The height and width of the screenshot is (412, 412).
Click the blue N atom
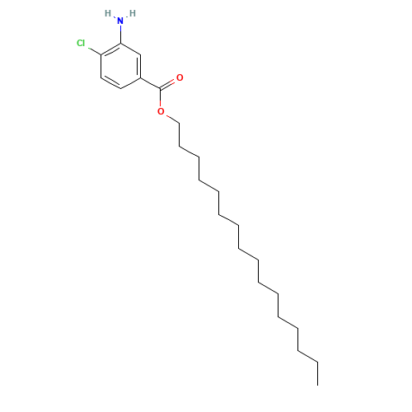click(120, 20)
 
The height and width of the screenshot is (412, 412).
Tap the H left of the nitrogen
click(108, 13)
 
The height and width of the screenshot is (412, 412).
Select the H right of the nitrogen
click(133, 13)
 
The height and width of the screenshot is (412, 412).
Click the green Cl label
click(81, 43)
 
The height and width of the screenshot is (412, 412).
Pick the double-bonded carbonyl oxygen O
click(180, 77)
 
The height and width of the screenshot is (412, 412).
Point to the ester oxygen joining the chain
click(161, 110)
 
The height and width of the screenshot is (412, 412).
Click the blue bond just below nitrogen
click(120, 32)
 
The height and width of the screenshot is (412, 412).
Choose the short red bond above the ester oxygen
click(160, 100)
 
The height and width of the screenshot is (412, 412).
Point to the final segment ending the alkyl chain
click(307, 355)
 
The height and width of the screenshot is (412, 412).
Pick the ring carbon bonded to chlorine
click(101, 55)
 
